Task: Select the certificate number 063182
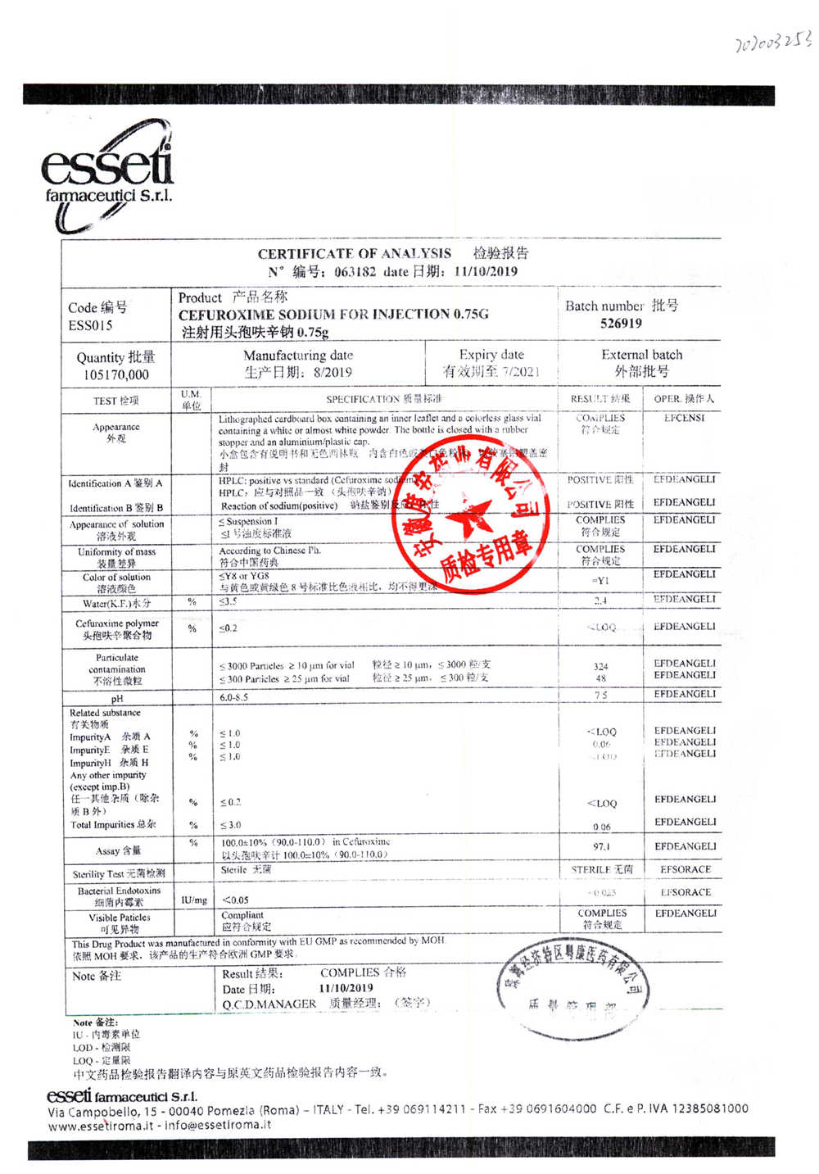(355, 272)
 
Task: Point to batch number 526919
(621, 324)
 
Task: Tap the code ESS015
(90, 325)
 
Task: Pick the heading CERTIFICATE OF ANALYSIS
(354, 254)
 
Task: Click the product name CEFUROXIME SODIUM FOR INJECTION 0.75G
(333, 314)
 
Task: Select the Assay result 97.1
(601, 847)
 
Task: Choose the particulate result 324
(601, 667)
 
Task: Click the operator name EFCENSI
(685, 418)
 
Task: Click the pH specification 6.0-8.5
(233, 697)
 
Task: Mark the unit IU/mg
(193, 900)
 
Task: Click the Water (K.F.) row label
(116, 604)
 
